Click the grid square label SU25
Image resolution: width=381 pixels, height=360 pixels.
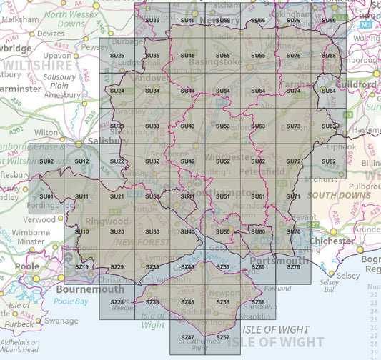point(118,56)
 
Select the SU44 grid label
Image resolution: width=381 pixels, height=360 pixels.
point(188,91)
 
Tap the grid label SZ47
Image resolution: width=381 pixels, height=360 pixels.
point(188,336)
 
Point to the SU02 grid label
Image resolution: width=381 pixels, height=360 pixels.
point(47,161)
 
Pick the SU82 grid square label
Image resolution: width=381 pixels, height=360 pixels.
point(329,161)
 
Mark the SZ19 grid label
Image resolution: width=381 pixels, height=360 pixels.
point(82,266)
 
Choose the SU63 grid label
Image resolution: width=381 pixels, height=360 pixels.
point(258,126)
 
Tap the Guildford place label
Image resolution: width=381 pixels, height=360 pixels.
point(358,84)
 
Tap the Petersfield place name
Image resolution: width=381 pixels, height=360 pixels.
point(257,171)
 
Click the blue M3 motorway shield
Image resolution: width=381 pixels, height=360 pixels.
point(365,24)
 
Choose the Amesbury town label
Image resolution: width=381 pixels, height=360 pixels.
point(63,94)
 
